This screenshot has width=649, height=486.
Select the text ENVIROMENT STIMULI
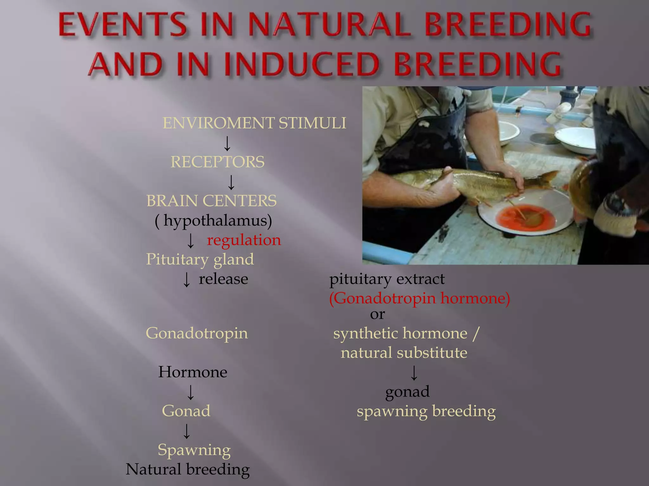(x=254, y=123)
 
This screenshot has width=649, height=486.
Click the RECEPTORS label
(x=217, y=162)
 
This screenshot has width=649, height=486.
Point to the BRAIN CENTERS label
(x=211, y=201)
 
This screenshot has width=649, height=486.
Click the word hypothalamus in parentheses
(x=217, y=221)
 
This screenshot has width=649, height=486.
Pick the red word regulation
(x=244, y=240)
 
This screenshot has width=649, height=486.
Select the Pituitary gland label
(x=200, y=259)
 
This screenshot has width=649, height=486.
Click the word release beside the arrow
(x=223, y=279)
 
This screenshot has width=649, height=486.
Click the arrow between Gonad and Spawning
(x=187, y=431)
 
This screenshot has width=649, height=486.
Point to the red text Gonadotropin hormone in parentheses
(x=419, y=298)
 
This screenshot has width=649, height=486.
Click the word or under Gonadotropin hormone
(x=377, y=314)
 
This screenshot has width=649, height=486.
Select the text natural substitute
(x=404, y=353)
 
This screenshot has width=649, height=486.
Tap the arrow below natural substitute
(x=414, y=373)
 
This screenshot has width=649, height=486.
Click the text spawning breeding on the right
(x=426, y=411)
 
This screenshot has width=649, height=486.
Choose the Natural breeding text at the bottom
(x=188, y=469)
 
